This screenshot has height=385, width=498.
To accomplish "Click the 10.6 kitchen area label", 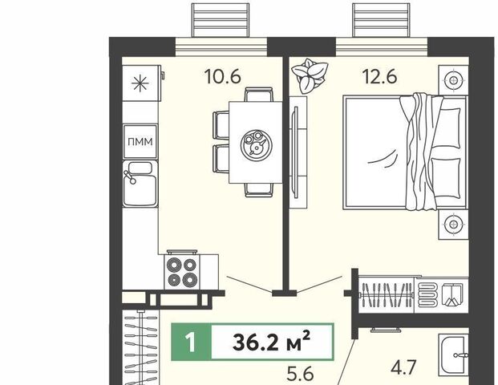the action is coord(223,77).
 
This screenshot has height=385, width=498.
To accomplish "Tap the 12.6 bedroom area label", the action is coord(380,77).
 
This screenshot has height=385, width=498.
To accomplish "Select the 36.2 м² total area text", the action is coord(271,342).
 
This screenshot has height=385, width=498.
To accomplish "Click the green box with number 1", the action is coord(191,342).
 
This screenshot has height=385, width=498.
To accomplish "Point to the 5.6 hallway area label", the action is coord(300,374).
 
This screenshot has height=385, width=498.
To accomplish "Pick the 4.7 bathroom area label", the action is coord(403,368).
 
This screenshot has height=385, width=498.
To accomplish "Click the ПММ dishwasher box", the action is coord(140,141).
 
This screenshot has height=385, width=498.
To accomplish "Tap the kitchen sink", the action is coord(140,184).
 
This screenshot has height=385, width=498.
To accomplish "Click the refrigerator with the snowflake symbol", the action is coord(140,83).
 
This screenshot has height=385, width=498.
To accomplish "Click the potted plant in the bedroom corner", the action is coord(310,76).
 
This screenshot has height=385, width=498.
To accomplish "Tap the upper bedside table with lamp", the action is coord(454,80).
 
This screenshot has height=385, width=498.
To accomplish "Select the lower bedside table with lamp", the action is coord(454,225).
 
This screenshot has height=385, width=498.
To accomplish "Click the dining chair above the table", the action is coord(258,95).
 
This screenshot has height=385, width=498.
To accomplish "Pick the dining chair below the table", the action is coord(259,190).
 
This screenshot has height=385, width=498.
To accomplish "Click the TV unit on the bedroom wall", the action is coord(298,152).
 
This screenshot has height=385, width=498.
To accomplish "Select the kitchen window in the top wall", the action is coord(221,47).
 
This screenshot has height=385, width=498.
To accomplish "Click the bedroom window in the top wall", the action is coord(382,47).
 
